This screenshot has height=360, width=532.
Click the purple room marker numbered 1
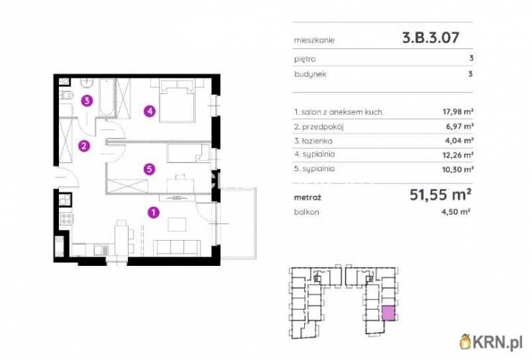coord(154,213)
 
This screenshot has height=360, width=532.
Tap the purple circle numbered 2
coord(84,146)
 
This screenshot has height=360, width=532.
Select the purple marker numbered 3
coord(87,101)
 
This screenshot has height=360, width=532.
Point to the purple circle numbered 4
coord(150,111)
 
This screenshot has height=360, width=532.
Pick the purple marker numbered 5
coord(150,169)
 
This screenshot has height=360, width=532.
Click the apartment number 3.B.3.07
coord(431,37)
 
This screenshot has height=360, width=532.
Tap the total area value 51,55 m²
coord(441,195)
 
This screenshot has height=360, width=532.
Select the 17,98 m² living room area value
coord(458,111)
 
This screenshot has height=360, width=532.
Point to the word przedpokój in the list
coord(323,126)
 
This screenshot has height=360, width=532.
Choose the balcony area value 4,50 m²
coord(455,212)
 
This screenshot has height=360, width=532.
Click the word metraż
coord(308,198)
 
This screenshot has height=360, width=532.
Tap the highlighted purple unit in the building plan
coord(388,313)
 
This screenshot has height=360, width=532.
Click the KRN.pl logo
coord(491,342)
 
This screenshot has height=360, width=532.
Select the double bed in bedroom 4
coord(177,101)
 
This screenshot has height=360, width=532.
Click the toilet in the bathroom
coord(66,96)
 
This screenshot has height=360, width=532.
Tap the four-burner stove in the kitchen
coord(66,218)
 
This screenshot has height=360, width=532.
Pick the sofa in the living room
coord(176,248)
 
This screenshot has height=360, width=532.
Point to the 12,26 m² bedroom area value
coord(458,154)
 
